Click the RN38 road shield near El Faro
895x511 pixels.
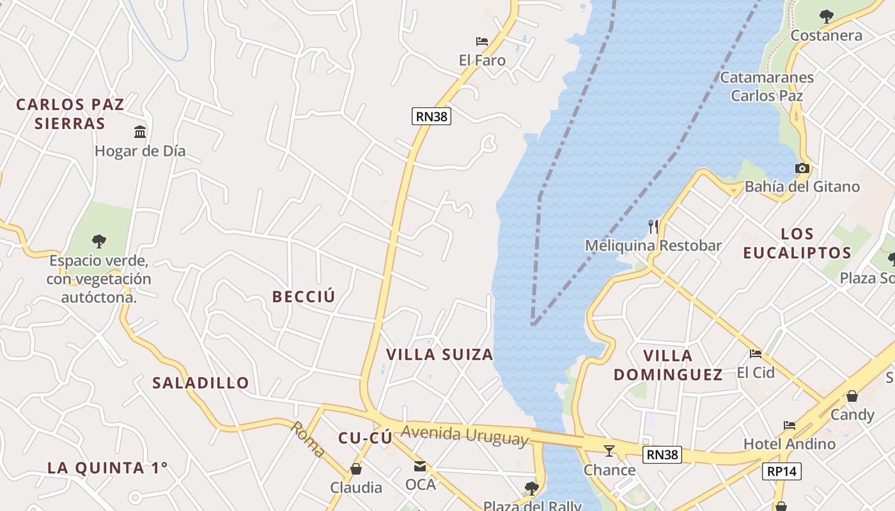coord(432,116)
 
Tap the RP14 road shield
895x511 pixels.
coord(781,471)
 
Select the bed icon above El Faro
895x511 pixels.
coord(482,42)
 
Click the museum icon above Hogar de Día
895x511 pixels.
coord(140,132)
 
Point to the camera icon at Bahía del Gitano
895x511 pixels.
coord(802,169)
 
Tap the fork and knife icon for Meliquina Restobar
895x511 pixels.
coord(653,227)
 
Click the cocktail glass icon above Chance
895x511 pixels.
coord(609,451)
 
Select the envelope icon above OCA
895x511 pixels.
coord(420,466)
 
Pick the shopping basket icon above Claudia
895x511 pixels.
coord(356,469)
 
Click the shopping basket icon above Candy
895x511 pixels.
coord(852,397)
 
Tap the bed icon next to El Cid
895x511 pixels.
coord(756,354)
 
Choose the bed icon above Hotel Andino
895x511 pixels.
coord(790,425)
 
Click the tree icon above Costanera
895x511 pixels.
coord(827,17)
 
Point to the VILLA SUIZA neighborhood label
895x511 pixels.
coord(440,355)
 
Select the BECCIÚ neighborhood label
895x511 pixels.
coord(304,296)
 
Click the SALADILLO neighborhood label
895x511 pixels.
coord(201,383)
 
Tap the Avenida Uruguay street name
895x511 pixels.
coord(465,435)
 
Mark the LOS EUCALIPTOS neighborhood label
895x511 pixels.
coord(797,243)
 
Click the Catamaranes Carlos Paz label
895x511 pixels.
coord(767,86)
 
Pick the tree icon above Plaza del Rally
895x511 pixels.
coord(531,489)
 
